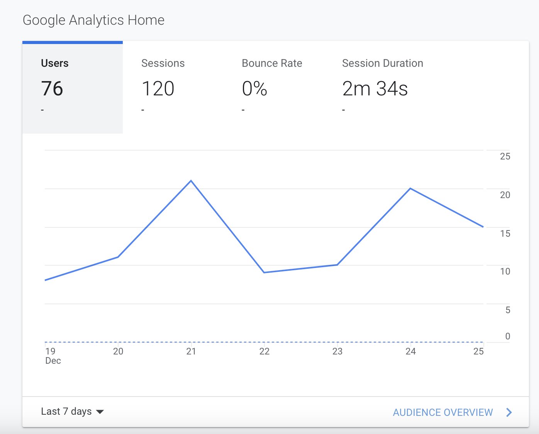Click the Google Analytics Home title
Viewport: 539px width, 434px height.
coord(93,20)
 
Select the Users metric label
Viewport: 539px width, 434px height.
coord(54,63)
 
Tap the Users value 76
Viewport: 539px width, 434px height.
coord(52,89)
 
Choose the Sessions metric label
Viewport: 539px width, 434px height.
coord(163,63)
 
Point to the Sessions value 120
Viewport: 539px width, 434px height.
coord(158,89)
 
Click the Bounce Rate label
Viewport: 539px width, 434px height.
coord(272,63)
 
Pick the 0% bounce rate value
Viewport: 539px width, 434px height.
coord(254,89)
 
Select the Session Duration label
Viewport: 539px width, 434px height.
coord(382,63)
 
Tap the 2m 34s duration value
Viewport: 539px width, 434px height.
coord(375,89)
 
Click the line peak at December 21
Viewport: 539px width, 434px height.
coord(191,181)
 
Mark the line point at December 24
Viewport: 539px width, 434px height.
coord(410,188)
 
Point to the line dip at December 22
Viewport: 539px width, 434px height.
coord(264,272)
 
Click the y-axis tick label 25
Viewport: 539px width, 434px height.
coord(505,156)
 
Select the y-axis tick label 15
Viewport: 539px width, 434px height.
coord(505,234)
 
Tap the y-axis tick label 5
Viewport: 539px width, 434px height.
coord(508,310)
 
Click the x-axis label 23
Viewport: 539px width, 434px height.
coord(337,351)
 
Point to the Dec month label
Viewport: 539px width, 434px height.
coord(53,361)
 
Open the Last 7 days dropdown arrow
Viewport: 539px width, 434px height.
coord(100,412)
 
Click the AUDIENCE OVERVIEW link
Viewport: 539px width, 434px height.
coord(442,412)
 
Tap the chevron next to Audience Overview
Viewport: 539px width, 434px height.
coord(509,412)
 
